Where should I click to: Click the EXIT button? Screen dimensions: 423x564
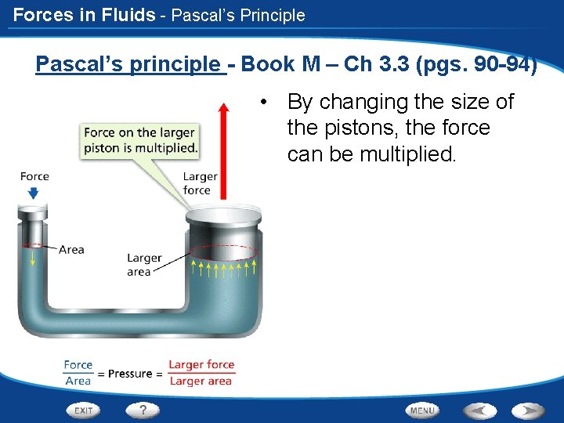(84, 410)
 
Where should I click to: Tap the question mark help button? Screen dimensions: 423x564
(143, 409)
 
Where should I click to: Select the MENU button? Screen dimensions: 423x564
(422, 410)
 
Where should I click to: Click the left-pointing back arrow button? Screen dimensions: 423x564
(479, 410)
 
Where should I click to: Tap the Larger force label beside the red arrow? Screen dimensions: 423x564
(199, 183)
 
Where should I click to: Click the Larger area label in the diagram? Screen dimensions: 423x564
(143, 264)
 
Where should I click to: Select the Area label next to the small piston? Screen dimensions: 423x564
(71, 250)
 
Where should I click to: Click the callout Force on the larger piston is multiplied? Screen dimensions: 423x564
(140, 140)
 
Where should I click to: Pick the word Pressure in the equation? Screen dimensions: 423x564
(130, 374)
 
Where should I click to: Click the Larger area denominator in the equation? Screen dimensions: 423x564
(201, 381)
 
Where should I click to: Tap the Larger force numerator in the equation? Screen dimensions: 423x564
(201, 364)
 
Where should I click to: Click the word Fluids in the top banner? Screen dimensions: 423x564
(125, 15)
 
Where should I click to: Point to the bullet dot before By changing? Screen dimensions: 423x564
(267, 102)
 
